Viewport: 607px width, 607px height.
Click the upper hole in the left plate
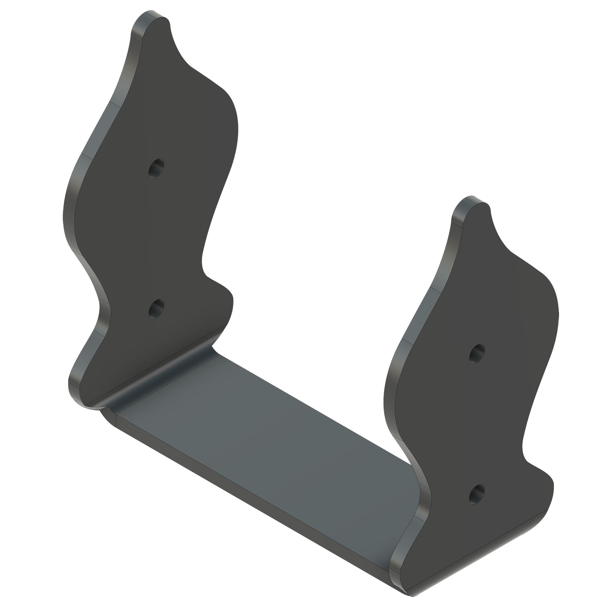point(156,168)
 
